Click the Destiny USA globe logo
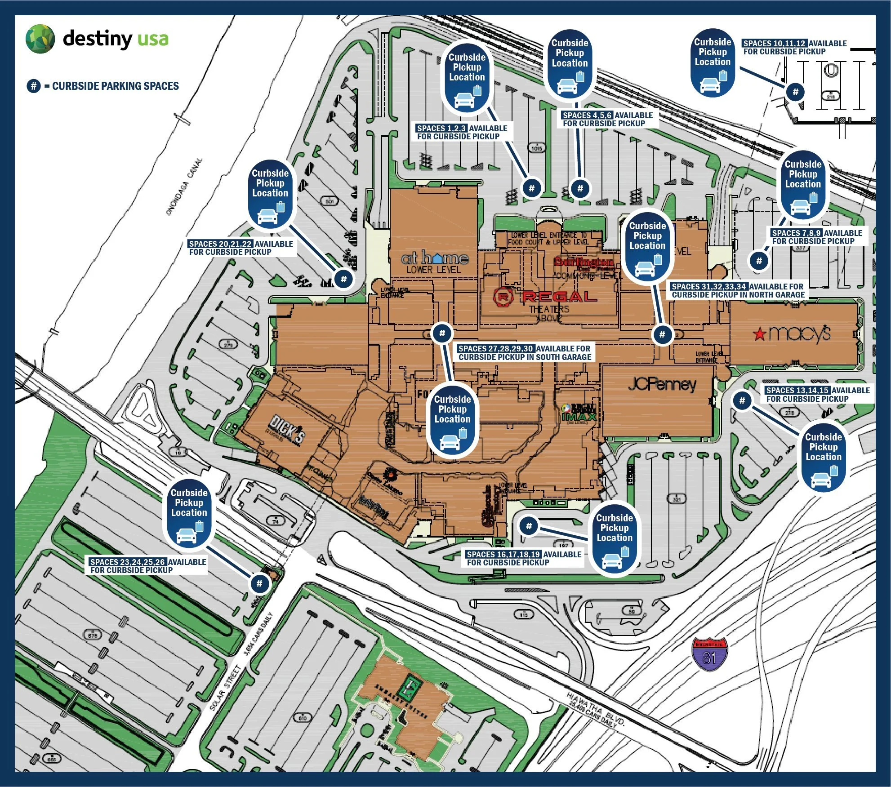click(40, 39)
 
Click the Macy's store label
click(792, 333)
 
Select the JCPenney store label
click(662, 384)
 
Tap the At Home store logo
click(434, 258)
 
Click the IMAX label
click(579, 416)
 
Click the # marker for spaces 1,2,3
click(531, 188)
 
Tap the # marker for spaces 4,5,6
click(580, 188)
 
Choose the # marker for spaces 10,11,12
click(795, 92)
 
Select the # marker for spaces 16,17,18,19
click(529, 525)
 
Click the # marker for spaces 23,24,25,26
click(259, 583)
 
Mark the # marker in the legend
click(34, 86)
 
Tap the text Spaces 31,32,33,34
click(708, 286)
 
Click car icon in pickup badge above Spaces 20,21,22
click(268, 216)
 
